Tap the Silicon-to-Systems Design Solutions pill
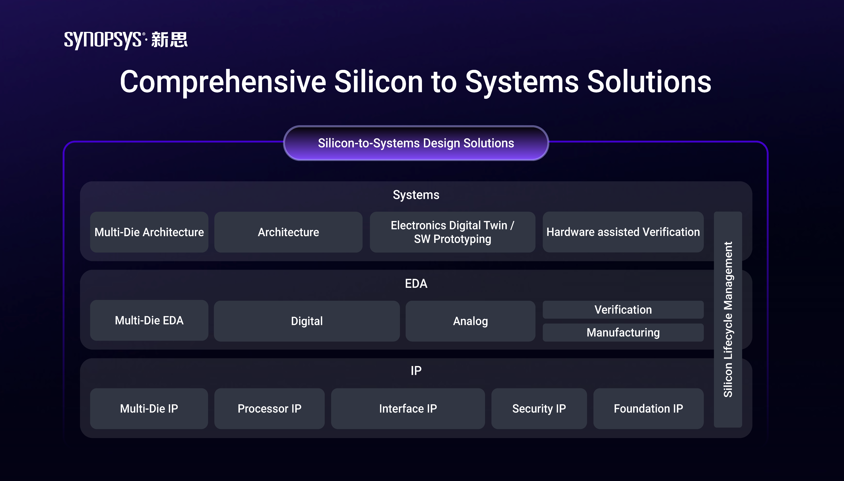[416, 143]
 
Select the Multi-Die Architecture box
[149, 232]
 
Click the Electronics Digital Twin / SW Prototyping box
[452, 232]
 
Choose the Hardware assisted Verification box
[623, 232]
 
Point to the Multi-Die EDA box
[149, 320]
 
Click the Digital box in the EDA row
[307, 321]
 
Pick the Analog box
[470, 321]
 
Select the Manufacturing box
[623, 332]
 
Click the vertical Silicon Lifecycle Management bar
[728, 319]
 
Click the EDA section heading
[416, 284]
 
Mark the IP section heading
[416, 371]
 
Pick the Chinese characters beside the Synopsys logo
[169, 40]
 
